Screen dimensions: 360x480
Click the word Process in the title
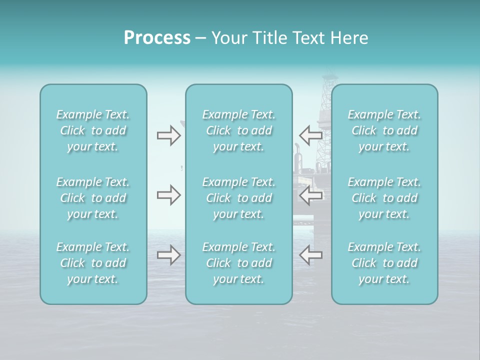point(157,38)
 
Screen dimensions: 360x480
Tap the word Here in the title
point(349,38)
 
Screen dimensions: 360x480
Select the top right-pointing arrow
point(168,135)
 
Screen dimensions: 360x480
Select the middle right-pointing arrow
point(168,195)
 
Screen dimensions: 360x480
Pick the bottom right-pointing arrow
point(168,255)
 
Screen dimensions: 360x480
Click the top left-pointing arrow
point(310,135)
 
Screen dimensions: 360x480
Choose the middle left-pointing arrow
point(310,195)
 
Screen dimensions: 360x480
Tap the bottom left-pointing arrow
point(310,255)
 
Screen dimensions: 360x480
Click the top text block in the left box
point(93,130)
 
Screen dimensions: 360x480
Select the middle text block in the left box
point(93,198)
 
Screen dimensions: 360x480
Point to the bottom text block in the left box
point(93,263)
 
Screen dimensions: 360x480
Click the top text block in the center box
point(239,130)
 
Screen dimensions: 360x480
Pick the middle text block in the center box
point(239,198)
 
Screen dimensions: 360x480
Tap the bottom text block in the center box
point(239,263)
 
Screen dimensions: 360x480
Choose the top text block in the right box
point(384,130)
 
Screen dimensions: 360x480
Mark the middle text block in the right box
point(384,198)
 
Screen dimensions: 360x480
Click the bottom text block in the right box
point(384,263)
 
